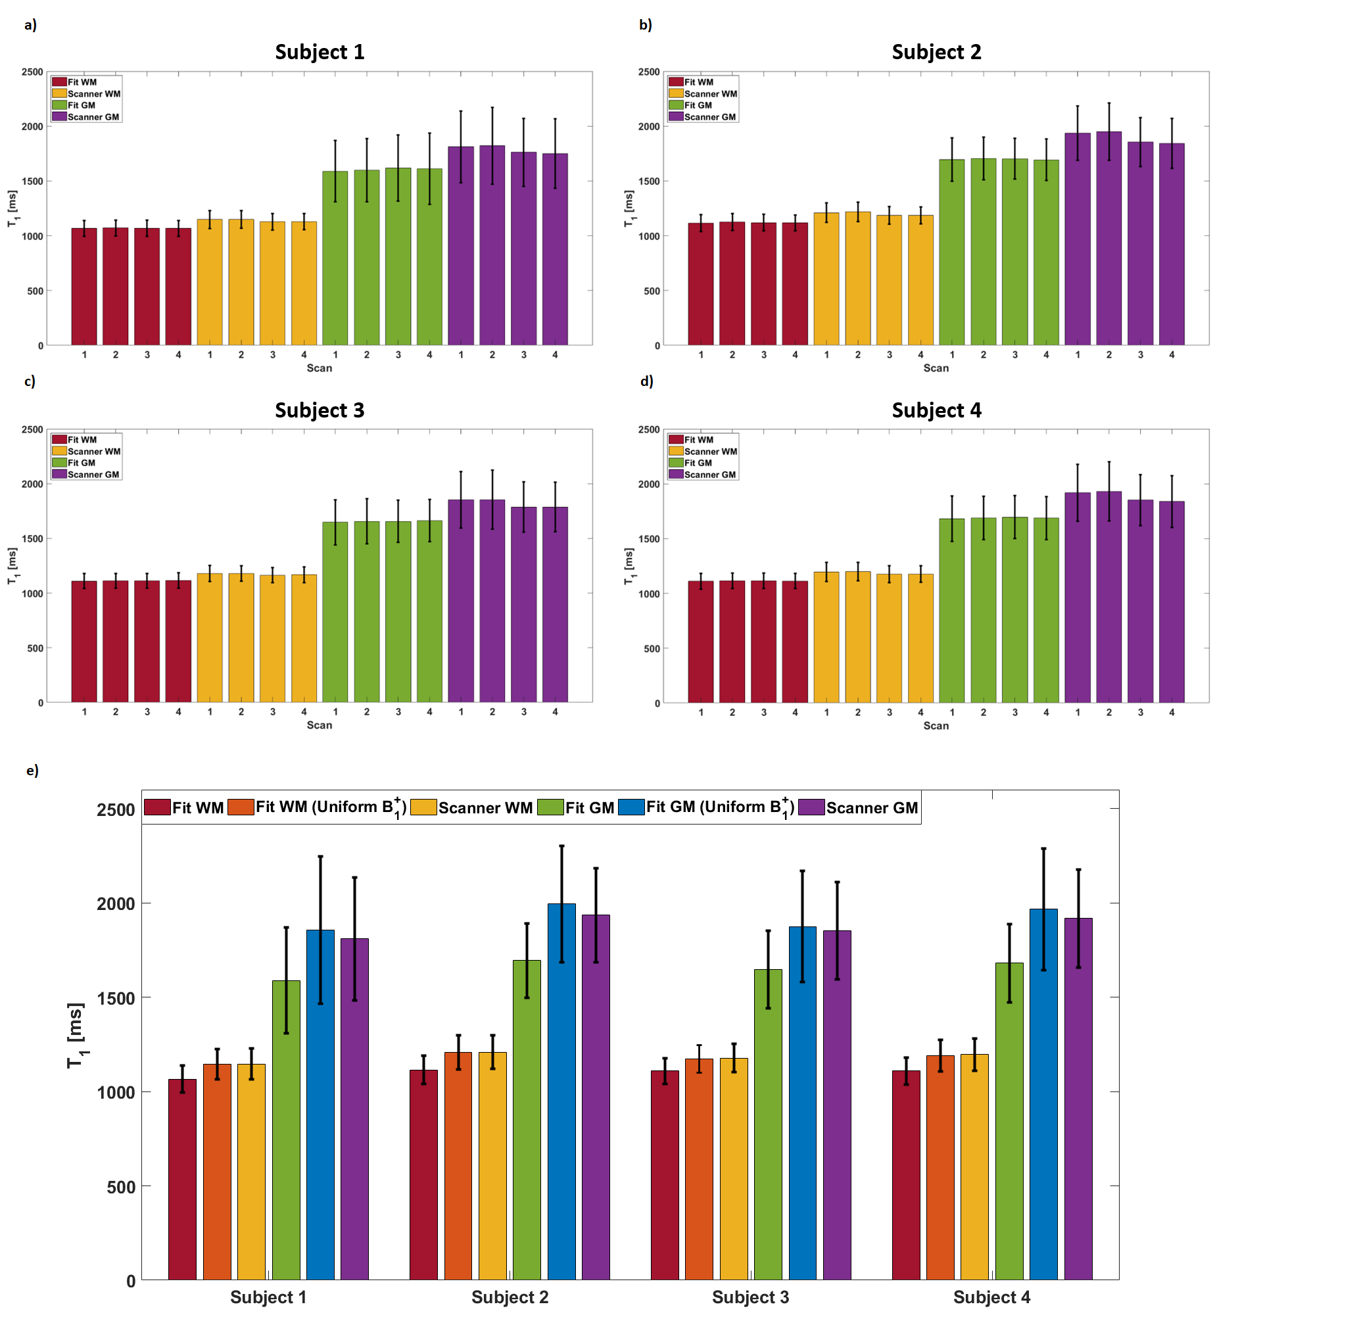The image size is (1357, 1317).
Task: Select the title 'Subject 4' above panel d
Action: tap(936, 410)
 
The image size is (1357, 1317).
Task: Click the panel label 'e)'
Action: tap(32, 770)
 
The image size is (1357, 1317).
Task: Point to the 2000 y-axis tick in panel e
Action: tap(116, 903)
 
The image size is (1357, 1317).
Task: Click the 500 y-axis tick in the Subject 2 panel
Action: tap(651, 291)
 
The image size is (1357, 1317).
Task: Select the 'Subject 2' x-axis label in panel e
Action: tap(510, 1297)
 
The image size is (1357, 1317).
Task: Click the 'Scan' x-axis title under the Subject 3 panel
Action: tap(319, 725)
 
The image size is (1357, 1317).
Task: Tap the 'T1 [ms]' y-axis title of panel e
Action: tap(76, 1035)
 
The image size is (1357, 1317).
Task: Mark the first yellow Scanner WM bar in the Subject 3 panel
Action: tap(210, 637)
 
